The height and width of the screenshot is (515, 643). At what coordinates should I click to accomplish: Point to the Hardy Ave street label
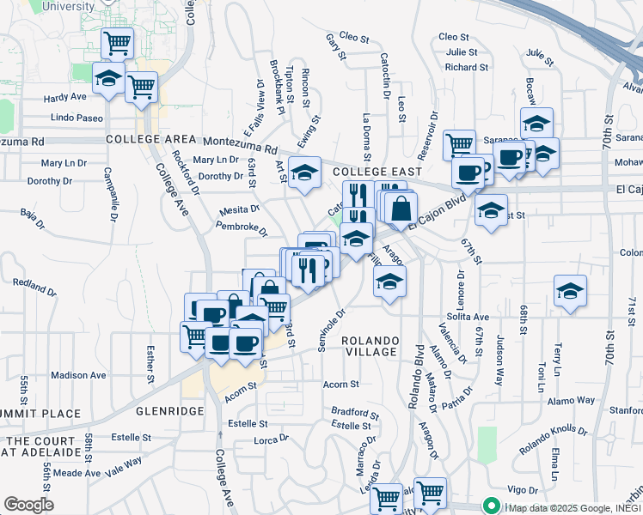(x=65, y=97)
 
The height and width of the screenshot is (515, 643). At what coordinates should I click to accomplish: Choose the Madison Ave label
(x=78, y=375)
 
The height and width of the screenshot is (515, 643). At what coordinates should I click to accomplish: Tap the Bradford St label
(x=356, y=412)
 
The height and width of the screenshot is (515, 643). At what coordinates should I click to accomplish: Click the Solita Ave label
(x=468, y=317)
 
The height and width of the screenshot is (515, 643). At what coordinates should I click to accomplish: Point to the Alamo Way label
(x=572, y=400)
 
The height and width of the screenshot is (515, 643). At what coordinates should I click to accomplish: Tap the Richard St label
(x=467, y=67)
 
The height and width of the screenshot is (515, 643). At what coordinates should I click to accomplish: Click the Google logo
(x=28, y=505)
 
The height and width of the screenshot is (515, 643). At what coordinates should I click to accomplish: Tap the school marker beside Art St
(x=303, y=173)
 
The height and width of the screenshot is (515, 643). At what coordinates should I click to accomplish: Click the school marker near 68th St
(x=570, y=291)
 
